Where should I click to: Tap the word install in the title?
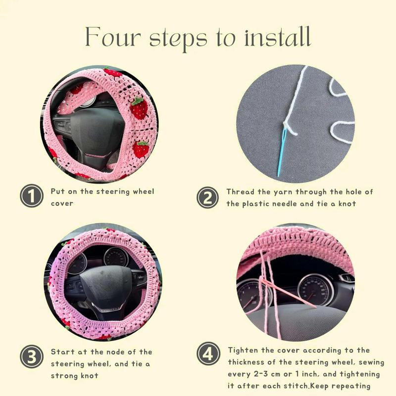tap(277, 37)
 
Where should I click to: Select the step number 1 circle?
tap(32, 196)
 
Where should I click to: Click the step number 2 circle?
tap(207, 198)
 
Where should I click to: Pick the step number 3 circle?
tap(32, 356)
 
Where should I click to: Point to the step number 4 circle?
tap(208, 353)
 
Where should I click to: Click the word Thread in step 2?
tap(240, 192)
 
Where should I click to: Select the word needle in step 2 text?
tap(284, 203)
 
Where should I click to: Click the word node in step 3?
tap(115, 352)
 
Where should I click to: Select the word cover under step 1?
tap(62, 203)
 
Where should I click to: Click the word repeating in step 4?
tap(351, 386)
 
